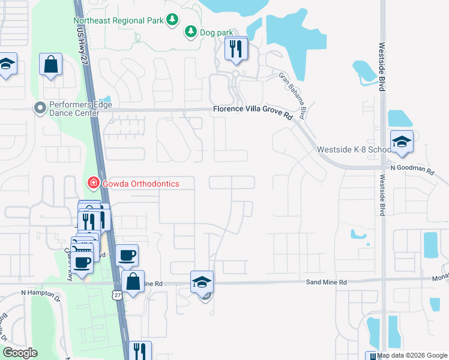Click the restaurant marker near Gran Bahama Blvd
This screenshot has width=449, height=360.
pos(236,49)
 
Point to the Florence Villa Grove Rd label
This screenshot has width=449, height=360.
pos(251,109)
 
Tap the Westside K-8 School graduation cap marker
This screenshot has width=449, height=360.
pos(402,142)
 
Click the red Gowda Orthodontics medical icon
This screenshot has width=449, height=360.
pos(93,182)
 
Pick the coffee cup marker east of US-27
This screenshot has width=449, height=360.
pos(126,255)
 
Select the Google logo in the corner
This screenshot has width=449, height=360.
pos(20,352)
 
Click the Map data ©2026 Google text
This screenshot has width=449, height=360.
pos(412,355)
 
